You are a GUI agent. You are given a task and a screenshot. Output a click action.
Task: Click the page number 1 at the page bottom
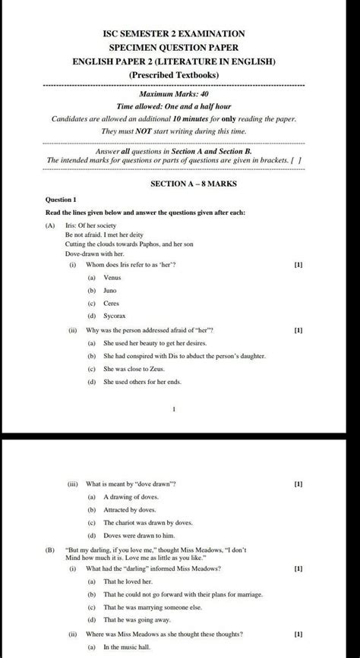click(174, 409)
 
